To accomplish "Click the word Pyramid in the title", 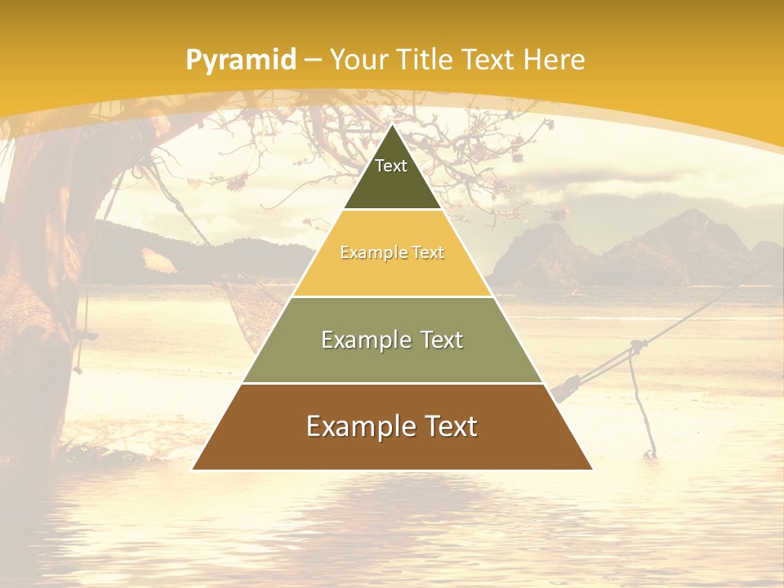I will (x=240, y=60).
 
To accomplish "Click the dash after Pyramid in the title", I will (x=313, y=60).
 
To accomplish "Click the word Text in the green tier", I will (x=436, y=340).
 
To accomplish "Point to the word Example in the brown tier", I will (x=359, y=426).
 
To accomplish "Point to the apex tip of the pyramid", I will (x=392, y=125).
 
